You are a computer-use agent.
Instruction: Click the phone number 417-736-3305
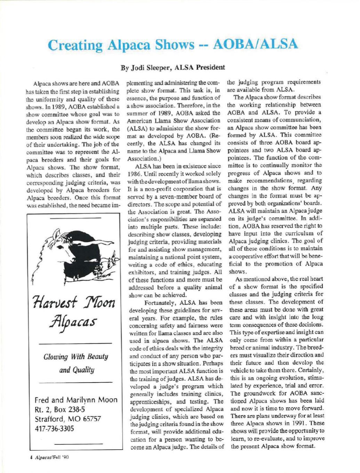[x=55, y=429]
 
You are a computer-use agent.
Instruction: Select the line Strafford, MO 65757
[x=68, y=419]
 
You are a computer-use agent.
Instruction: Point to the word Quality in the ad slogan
[x=83, y=369]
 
